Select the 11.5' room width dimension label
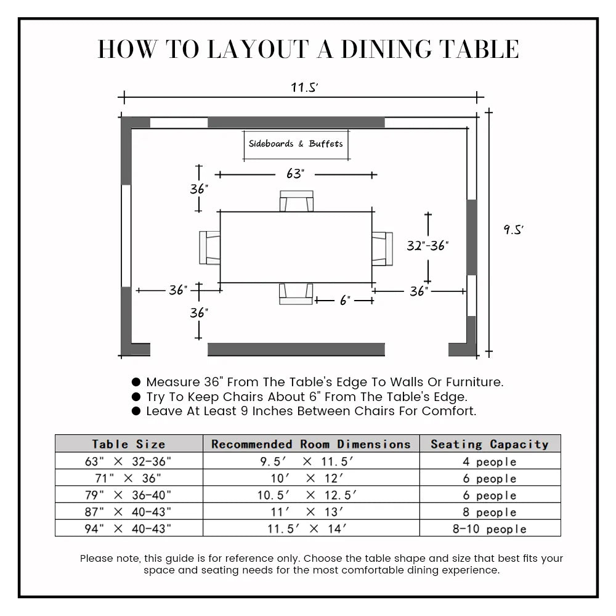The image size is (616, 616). click(304, 87)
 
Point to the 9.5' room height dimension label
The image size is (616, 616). click(513, 230)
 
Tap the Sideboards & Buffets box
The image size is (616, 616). click(296, 144)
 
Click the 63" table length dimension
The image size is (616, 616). click(296, 174)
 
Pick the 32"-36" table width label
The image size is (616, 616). click(428, 245)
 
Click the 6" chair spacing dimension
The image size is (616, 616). click(345, 301)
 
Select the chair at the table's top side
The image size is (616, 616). click(296, 201)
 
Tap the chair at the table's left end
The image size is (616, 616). click(210, 247)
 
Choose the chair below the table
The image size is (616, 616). click(296, 293)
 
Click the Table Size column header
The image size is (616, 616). click(129, 444)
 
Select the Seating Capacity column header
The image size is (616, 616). click(490, 444)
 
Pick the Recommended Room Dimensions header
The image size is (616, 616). click(311, 444)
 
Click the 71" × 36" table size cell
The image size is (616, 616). click(129, 479)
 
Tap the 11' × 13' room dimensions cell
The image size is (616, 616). click(311, 512)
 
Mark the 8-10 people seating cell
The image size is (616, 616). click(490, 529)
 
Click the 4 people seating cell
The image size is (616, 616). click(490, 462)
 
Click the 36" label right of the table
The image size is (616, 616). click(419, 291)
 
